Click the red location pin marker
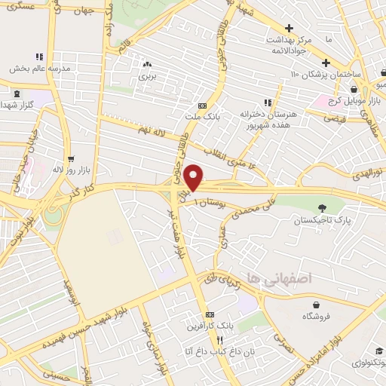click(x=194, y=176)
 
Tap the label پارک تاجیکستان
click(x=324, y=221)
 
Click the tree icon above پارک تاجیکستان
click(x=323, y=208)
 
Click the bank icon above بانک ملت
click(x=202, y=106)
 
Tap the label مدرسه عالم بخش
click(x=40, y=68)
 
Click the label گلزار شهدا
click(x=20, y=104)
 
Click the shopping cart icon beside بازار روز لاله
click(x=71, y=159)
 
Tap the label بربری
click(x=146, y=77)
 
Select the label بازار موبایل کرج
click(x=353, y=101)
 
